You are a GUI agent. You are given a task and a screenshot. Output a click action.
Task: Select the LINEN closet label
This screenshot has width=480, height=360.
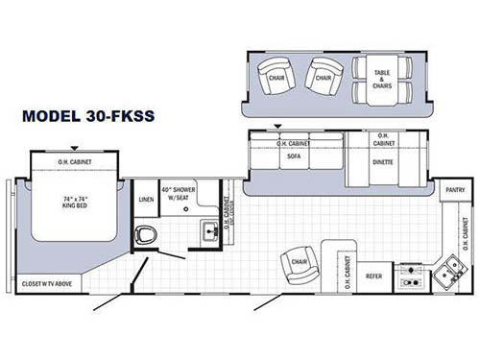(x=146, y=199)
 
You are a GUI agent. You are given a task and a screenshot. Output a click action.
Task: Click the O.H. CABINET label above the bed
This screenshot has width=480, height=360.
(x=75, y=162)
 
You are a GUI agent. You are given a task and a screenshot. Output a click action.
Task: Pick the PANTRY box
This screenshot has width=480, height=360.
(x=454, y=190)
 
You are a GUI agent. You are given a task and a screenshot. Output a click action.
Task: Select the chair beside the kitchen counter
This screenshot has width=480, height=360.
(x=297, y=266)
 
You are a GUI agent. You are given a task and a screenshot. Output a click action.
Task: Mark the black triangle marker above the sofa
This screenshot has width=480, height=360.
(x=278, y=126)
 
